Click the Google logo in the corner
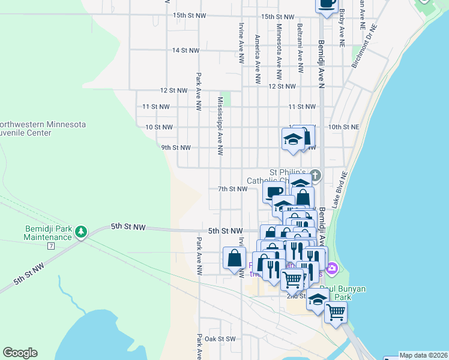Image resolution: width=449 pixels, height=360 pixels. point(20,353)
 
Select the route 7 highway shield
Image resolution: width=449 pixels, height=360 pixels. point(52,246)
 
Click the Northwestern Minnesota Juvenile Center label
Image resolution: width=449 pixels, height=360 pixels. point(42,128)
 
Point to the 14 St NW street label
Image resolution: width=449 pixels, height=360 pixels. point(185,50)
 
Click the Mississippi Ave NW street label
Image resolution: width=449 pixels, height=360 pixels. point(220,127)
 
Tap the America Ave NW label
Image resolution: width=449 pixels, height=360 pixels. point(257,58)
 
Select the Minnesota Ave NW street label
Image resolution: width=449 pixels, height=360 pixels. point(279,53)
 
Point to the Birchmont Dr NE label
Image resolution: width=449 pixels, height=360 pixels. point(364,46)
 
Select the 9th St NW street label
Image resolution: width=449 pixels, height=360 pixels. point(176,148)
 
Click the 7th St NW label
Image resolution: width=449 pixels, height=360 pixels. point(232,189)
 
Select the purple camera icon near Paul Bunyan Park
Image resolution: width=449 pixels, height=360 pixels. point(332,268)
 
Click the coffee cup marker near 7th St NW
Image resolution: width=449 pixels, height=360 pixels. point(274,192)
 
